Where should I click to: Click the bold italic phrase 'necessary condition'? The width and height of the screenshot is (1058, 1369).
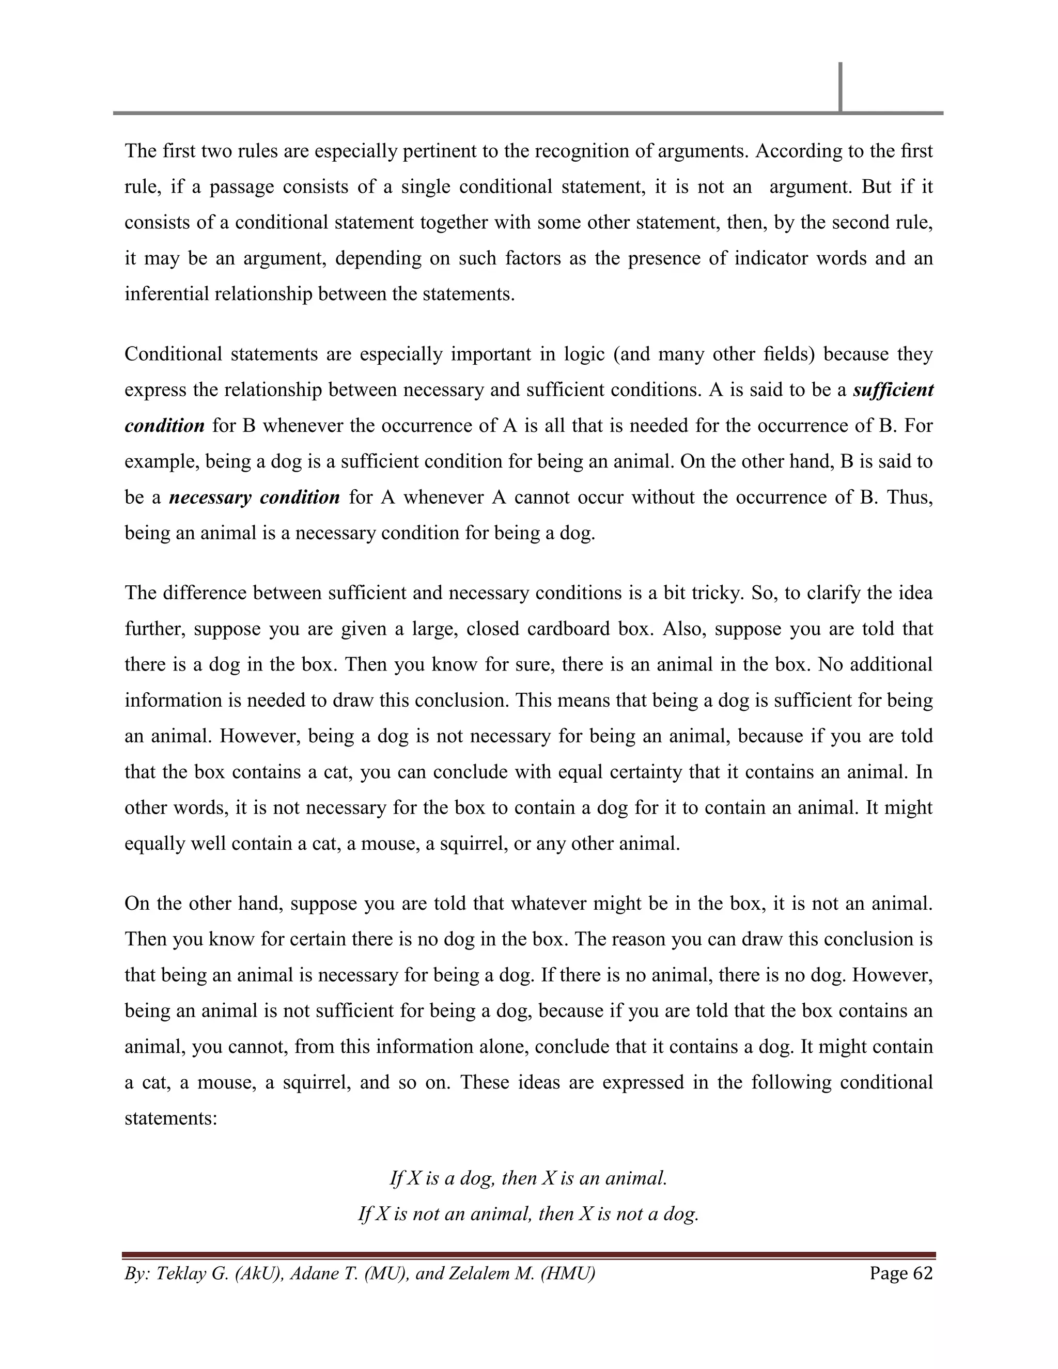pyautogui.click(x=255, y=497)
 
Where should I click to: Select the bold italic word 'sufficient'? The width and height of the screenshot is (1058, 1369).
pyautogui.click(x=893, y=390)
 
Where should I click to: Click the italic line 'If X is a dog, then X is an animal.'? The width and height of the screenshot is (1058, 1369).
pyautogui.click(x=528, y=1178)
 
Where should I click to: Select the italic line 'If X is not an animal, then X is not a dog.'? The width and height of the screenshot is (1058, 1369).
pyautogui.click(x=528, y=1214)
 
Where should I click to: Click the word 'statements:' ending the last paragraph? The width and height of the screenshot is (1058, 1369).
pyautogui.click(x=170, y=1118)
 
